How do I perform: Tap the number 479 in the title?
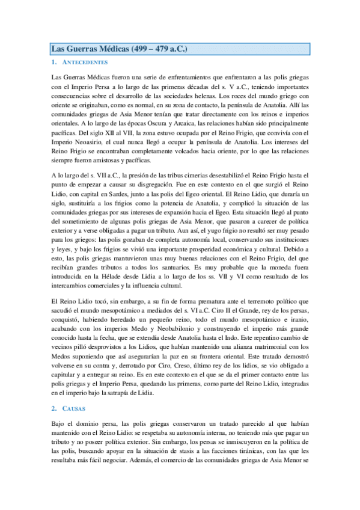pos(158,49)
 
